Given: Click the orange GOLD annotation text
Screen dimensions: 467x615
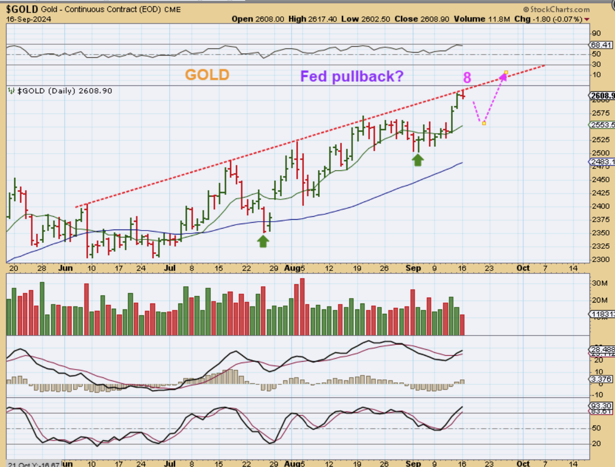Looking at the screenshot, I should point(207,75).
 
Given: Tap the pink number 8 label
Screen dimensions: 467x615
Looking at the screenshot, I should point(467,78).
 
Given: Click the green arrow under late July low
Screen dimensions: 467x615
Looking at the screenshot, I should point(263,241).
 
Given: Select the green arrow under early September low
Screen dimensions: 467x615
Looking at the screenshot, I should point(418,159).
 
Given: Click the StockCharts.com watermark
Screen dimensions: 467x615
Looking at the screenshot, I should point(556,9).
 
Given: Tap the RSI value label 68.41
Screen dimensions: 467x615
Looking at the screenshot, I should point(602,45).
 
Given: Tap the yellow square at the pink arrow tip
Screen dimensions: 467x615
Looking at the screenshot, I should point(506,73).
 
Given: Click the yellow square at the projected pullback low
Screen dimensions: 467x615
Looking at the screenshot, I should point(484,123).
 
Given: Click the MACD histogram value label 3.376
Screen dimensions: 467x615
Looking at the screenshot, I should point(602,378).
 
